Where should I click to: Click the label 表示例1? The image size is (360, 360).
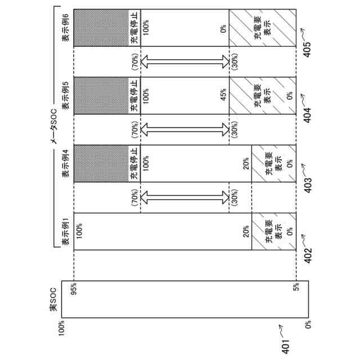tap(66, 232)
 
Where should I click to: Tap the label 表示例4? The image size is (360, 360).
tap(66, 163)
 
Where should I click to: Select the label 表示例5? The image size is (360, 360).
tap(66, 94)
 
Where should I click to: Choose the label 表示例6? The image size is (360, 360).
tap(66, 26)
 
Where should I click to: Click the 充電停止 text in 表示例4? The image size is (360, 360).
tap(133, 164)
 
